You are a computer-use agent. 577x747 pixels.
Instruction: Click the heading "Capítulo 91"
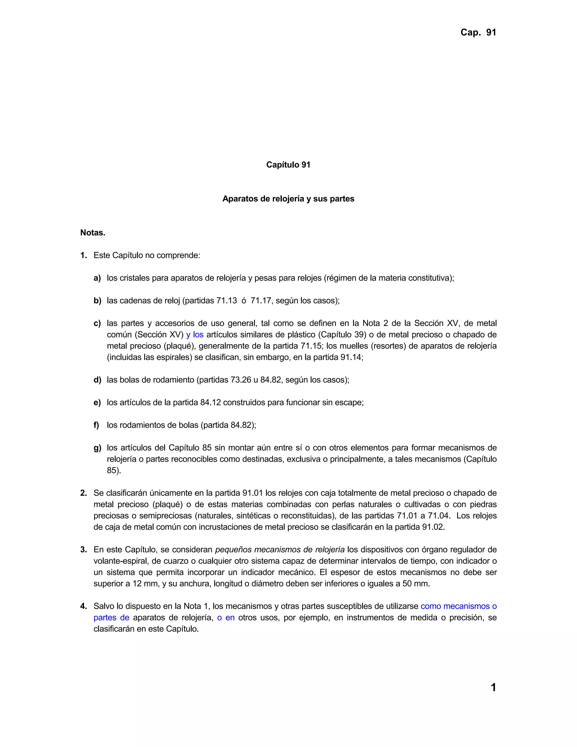coord(288,165)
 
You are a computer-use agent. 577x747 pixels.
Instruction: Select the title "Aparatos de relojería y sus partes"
coord(288,199)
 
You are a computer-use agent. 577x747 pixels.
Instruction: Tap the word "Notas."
coord(93,233)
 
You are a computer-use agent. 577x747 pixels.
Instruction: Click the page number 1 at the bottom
coord(493,687)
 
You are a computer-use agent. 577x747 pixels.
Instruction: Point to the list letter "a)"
coord(97,278)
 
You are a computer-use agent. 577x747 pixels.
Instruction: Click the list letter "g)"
coord(97,448)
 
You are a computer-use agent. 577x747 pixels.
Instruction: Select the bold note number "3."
coord(84,550)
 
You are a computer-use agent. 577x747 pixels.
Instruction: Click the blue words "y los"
coord(195,335)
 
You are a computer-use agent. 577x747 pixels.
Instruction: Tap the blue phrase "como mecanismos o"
coord(458,606)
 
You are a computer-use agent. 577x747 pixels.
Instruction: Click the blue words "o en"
coord(226,617)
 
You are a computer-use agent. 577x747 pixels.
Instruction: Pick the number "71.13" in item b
coord(227,301)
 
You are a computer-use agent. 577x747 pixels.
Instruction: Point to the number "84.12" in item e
coord(210,402)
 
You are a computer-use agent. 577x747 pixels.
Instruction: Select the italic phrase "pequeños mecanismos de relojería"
coord(279,550)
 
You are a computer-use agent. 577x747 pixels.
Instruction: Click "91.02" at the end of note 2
coord(433,527)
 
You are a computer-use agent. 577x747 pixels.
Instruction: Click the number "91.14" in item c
coord(351,357)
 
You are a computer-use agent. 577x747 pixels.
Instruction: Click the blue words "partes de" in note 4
coord(112,617)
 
